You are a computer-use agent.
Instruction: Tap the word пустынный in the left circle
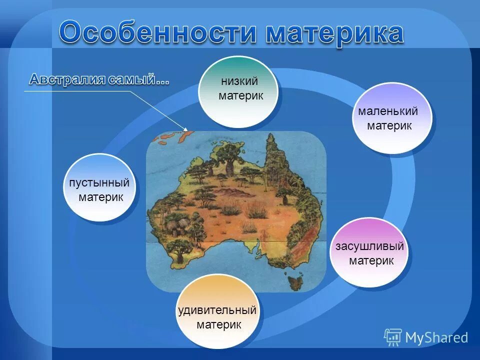tap(99, 182)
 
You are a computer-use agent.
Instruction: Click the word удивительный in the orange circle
tap(217, 310)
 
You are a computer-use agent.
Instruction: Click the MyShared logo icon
tap(392, 337)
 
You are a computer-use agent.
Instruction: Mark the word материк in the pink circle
tap(371, 261)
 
